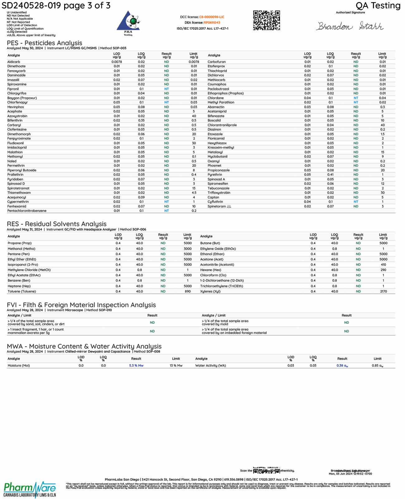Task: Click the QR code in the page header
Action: pos(266,20)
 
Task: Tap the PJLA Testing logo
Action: pos(128,23)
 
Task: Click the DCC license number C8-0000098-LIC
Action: pos(212,17)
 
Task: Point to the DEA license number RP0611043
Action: pos(212,22)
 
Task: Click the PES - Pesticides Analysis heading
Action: pos(45,43)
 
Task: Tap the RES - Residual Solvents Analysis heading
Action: pos(57,224)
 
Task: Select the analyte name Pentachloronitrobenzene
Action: pos(27,211)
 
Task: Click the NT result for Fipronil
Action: pos(166,89)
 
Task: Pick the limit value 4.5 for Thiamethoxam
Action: pos(194,193)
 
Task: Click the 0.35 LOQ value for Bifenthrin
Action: pos(141,121)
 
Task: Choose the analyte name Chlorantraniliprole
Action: pos(222,125)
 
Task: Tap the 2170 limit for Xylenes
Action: pos(383,292)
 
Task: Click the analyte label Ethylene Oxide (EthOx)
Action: pos(218,249)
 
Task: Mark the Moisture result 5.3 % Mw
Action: pos(136,366)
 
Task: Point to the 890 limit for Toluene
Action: pos(188,292)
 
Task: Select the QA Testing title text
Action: pos(378,6)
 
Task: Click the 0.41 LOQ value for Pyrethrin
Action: pos(330,175)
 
